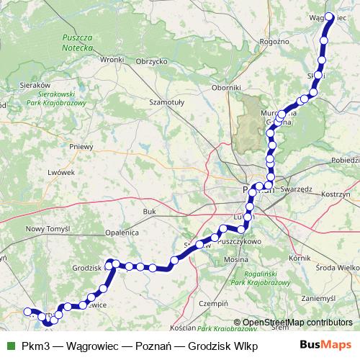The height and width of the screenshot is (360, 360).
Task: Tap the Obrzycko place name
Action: pos(152,61)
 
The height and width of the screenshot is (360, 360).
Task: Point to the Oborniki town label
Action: pos(225,87)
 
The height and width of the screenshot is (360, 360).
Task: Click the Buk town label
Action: pos(149,212)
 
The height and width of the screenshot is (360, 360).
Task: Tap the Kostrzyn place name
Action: pos(335,195)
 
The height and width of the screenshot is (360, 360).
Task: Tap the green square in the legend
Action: pos(9,345)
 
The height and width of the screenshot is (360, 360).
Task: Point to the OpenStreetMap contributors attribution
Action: pos(298,322)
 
